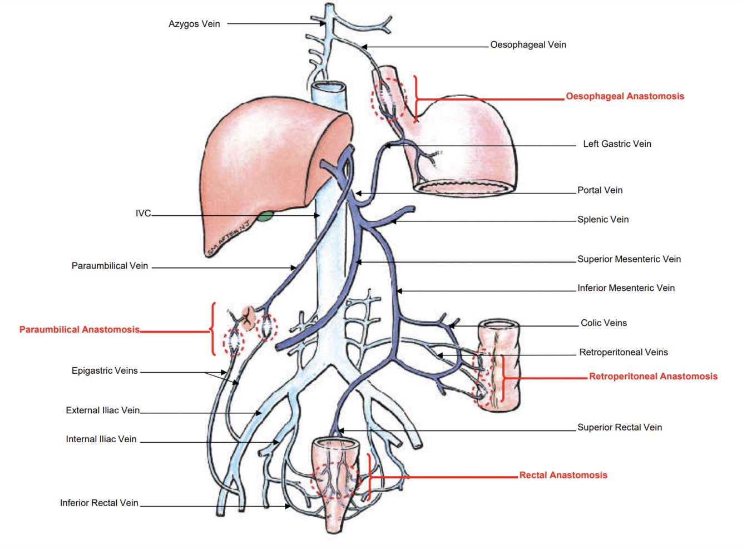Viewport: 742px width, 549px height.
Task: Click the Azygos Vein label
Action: point(194,24)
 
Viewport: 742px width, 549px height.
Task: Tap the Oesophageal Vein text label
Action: point(528,44)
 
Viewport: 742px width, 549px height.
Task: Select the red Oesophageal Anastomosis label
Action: point(625,96)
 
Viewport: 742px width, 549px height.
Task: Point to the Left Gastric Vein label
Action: point(617,144)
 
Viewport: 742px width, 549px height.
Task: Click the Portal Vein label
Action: point(600,190)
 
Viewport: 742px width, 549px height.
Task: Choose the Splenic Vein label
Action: point(603,220)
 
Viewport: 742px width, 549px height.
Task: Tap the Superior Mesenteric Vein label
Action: point(629,259)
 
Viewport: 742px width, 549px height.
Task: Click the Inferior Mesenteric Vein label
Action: point(626,288)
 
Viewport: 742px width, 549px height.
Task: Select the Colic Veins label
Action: point(604,323)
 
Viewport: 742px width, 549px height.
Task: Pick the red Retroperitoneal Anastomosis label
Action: point(653,377)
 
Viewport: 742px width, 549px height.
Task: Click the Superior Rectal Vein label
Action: point(619,428)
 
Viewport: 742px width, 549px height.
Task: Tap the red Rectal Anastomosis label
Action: point(563,475)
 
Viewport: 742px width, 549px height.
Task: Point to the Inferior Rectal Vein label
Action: point(99,503)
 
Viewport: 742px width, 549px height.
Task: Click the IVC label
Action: point(143,214)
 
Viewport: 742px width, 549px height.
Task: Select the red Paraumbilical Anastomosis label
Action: point(80,330)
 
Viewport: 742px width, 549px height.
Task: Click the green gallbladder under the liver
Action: point(265,216)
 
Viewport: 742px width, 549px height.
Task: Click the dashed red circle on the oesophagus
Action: point(388,99)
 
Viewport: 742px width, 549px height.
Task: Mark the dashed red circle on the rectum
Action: point(335,479)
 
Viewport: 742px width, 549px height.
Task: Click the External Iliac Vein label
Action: point(102,410)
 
